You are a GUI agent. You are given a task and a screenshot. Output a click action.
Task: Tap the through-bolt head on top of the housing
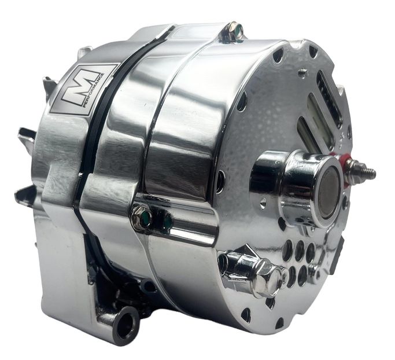coord(233,32)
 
